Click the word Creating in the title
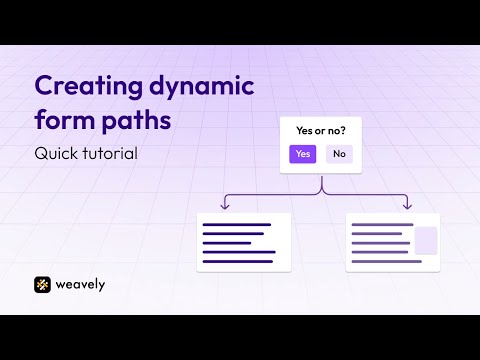(x=88, y=87)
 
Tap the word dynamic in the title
(x=202, y=87)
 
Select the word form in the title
(x=65, y=119)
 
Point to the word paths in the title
(x=136, y=120)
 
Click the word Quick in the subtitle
(x=56, y=154)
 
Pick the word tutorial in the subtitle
(x=110, y=153)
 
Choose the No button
(x=339, y=154)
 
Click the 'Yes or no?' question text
(x=321, y=131)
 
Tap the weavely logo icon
(x=42, y=285)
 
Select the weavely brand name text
(x=80, y=285)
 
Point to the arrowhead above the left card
(x=225, y=206)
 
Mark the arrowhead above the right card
(x=407, y=206)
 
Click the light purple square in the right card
(x=426, y=240)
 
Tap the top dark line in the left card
(x=237, y=225)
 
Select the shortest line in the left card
(x=227, y=243)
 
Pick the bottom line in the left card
(x=238, y=261)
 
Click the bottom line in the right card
(x=387, y=261)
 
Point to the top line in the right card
(x=382, y=225)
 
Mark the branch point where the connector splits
(x=322, y=193)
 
